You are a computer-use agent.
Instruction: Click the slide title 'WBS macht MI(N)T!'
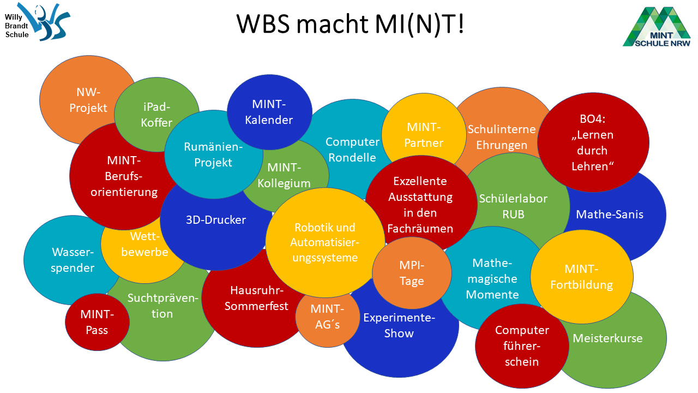click(350, 24)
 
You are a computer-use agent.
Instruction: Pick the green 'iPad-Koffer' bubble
click(157, 115)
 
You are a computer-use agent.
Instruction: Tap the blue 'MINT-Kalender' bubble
click(269, 112)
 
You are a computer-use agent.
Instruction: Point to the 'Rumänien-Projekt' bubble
click(213, 154)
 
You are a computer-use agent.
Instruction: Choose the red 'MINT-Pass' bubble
click(97, 322)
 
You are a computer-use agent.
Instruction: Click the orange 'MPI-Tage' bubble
click(412, 273)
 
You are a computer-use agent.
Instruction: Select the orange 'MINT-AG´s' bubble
click(327, 317)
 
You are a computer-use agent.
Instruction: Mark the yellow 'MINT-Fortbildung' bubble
click(581, 277)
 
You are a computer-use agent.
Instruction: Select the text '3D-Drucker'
click(216, 220)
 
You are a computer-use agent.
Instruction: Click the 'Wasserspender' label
click(73, 260)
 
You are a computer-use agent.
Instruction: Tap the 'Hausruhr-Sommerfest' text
click(256, 298)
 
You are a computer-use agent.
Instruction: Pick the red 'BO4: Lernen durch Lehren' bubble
click(593, 142)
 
